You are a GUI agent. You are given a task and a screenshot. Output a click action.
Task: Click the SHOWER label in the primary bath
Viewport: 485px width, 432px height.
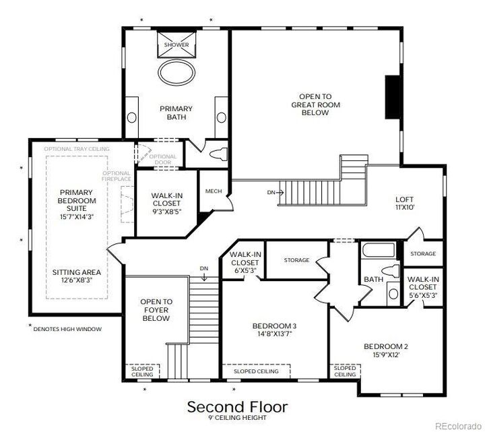(x=176, y=44)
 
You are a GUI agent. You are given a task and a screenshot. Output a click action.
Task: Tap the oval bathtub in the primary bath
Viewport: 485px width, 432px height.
(x=176, y=72)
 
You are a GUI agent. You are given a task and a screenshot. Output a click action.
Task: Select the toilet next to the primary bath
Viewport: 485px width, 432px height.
(x=218, y=154)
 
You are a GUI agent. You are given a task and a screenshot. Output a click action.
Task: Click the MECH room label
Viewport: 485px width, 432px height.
(x=214, y=191)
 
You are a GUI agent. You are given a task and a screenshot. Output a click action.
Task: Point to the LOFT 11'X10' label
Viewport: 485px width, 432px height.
(x=405, y=204)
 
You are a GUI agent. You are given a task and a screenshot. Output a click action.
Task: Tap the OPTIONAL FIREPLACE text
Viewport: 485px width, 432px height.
(x=117, y=176)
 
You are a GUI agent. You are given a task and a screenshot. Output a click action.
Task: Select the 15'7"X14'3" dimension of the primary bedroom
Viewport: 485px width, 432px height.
(x=77, y=217)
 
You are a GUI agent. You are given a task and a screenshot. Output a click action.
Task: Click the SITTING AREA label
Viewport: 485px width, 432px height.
(x=77, y=272)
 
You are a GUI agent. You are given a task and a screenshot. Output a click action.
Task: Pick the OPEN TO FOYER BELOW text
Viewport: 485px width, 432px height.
(x=156, y=310)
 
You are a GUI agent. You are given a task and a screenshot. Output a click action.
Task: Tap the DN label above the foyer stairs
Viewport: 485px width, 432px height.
(x=204, y=268)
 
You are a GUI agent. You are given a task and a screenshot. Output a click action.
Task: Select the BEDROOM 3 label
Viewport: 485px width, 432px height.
(x=274, y=326)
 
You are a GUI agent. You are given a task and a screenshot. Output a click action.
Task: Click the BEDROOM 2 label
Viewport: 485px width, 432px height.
(x=386, y=346)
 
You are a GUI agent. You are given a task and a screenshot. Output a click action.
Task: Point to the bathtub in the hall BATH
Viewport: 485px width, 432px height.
(x=379, y=250)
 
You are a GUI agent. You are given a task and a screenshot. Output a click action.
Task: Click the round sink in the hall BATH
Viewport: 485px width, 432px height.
(x=393, y=294)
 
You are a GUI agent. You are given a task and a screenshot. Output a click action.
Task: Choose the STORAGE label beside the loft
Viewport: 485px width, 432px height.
(x=423, y=254)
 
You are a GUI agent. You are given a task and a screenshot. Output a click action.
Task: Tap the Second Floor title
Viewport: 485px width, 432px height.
(x=238, y=406)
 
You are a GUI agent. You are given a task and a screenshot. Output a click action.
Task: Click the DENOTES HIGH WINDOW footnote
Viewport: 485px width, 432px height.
(x=67, y=330)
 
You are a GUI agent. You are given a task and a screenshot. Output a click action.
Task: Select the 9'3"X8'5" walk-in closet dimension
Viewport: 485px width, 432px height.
(x=166, y=212)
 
